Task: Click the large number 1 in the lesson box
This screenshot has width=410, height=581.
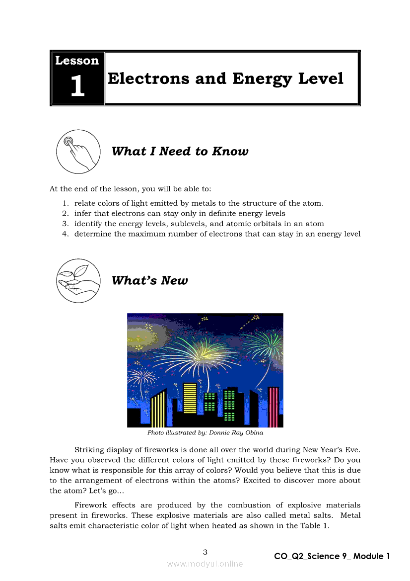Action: click(x=77, y=85)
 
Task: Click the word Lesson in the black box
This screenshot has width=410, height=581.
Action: click(x=77, y=61)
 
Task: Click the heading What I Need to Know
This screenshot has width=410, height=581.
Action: click(x=180, y=151)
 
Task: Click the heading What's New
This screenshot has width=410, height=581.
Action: click(x=149, y=280)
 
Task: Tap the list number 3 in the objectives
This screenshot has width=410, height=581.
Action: click(x=65, y=224)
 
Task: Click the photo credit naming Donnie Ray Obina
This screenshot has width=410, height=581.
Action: click(x=205, y=432)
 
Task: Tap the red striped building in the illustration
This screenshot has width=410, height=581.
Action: click(x=273, y=407)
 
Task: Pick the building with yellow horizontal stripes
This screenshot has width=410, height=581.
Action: click(x=190, y=398)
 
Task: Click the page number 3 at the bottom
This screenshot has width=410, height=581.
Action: click(x=205, y=552)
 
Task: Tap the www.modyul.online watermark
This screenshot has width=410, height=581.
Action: click(x=205, y=564)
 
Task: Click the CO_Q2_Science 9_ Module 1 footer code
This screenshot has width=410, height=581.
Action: click(x=332, y=556)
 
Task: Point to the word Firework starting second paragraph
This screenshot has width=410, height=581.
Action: click(x=91, y=505)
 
